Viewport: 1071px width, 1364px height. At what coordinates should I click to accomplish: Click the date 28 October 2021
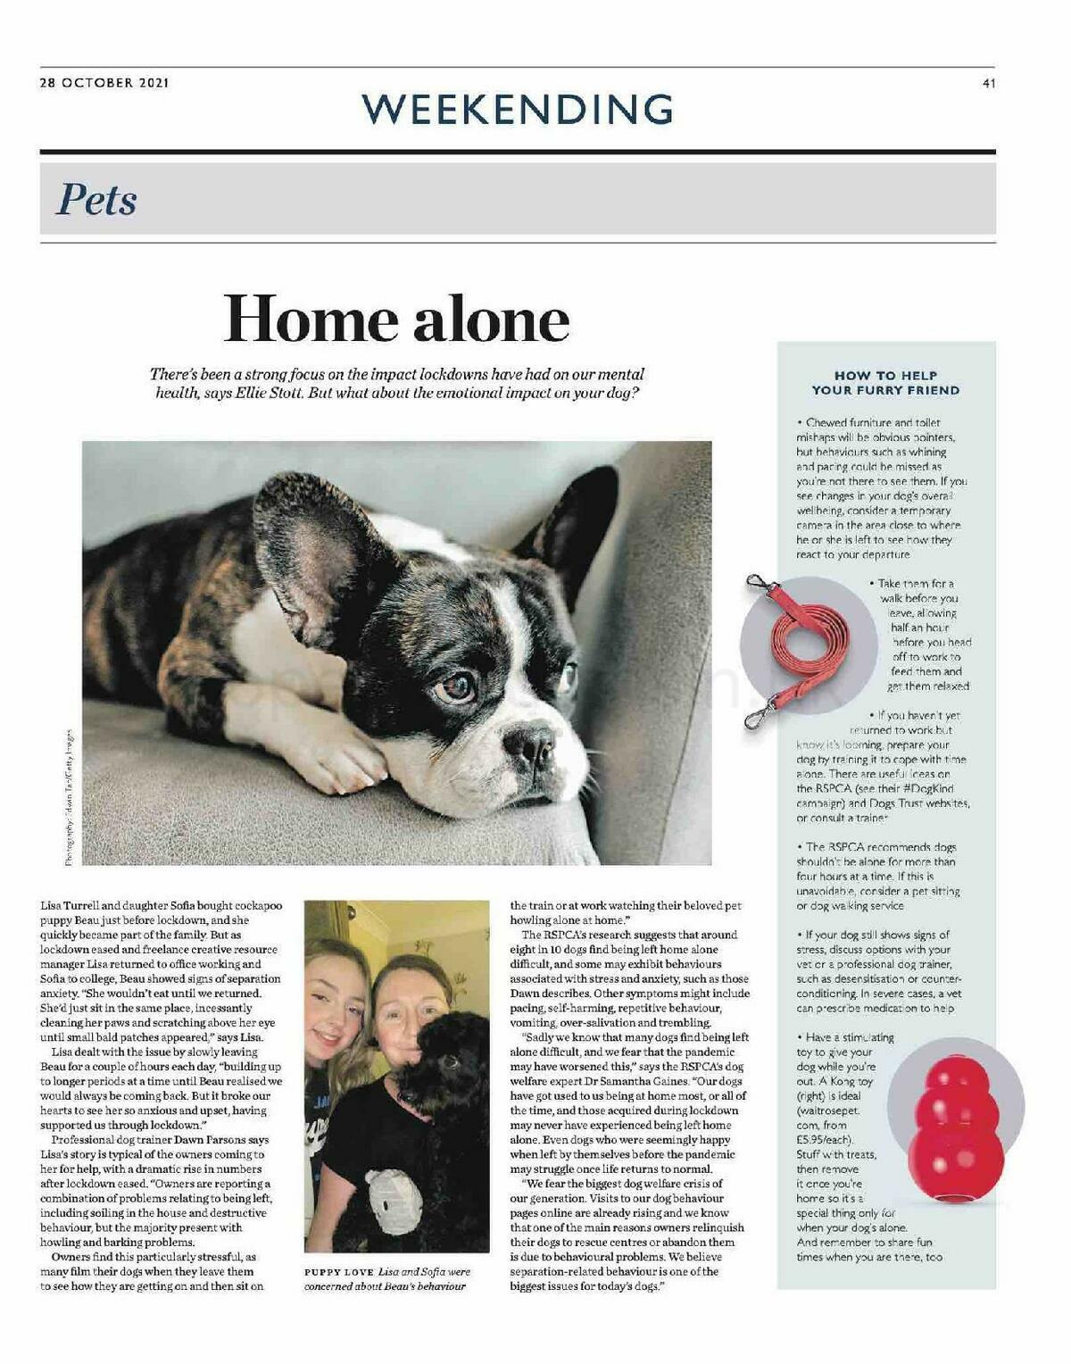click(x=104, y=83)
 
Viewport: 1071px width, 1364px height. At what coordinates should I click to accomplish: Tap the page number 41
click(x=988, y=84)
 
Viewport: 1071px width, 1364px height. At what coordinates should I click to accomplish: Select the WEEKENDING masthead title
click(x=517, y=109)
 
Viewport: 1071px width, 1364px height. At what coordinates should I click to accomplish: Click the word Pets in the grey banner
click(x=96, y=199)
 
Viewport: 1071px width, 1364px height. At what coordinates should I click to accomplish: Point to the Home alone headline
click(x=396, y=319)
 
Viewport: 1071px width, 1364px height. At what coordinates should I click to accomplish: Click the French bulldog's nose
click(x=529, y=744)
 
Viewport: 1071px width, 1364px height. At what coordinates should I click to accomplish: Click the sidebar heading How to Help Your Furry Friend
click(x=885, y=383)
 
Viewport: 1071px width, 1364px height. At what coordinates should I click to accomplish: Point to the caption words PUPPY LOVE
click(x=338, y=1271)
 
